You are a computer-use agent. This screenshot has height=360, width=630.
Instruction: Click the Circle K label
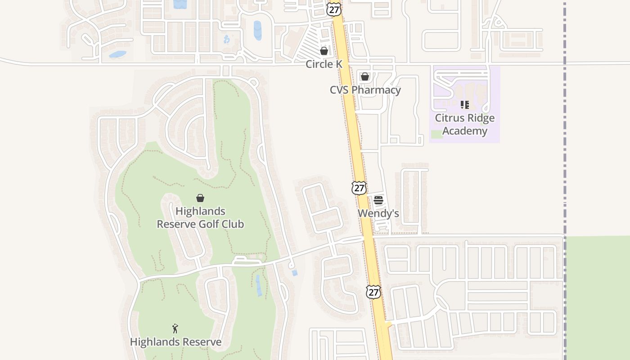[324, 64]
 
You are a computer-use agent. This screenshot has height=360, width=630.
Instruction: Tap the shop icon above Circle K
[324, 51]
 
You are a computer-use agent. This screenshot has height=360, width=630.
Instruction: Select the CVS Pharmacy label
[365, 90]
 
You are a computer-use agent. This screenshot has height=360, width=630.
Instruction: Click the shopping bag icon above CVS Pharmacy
[365, 76]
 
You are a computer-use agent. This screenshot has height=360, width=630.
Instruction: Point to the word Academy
[464, 131]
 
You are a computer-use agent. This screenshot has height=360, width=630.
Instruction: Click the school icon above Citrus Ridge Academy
[465, 105]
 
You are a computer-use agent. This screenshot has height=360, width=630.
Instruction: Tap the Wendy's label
[378, 213]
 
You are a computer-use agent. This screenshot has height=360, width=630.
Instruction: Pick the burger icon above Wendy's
[378, 200]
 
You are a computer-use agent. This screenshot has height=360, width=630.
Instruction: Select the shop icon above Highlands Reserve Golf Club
[200, 198]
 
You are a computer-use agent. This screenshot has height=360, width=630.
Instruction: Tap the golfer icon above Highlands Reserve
[175, 328]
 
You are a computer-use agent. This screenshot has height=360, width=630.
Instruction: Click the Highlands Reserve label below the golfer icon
[175, 342]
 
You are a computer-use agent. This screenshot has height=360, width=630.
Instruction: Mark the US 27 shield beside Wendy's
[359, 188]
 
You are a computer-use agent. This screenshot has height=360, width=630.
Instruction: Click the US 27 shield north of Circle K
[333, 9]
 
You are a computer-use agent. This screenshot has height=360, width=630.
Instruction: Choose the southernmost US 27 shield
[373, 292]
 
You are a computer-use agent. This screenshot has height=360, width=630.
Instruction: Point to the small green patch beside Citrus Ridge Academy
[436, 134]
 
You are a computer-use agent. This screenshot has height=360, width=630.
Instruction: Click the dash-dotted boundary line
[565, 135]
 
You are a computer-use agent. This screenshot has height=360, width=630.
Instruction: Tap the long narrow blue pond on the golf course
[259, 286]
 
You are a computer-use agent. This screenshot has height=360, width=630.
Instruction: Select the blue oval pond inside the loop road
[257, 30]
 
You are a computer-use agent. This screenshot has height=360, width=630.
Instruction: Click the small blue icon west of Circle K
[226, 40]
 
